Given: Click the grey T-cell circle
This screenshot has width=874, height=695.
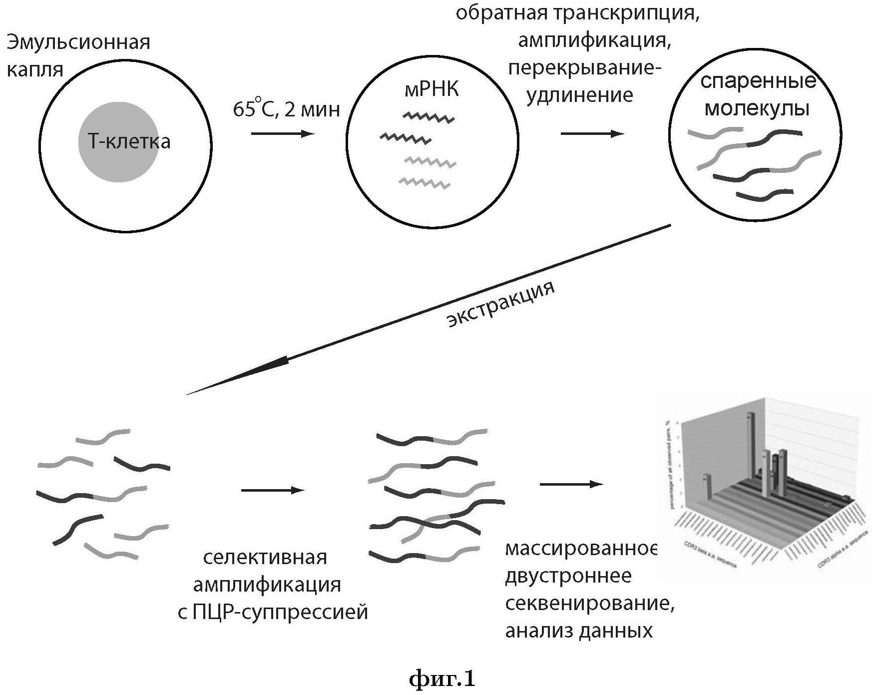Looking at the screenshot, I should [118, 142].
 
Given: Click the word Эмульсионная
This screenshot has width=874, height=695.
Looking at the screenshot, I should [78, 42].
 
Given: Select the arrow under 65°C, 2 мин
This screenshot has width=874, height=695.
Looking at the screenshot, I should [282, 133].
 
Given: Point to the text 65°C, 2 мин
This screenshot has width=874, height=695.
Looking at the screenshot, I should [286, 109].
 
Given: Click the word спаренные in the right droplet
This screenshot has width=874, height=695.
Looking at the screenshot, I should [758, 81].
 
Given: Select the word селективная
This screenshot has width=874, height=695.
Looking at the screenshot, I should [265, 557].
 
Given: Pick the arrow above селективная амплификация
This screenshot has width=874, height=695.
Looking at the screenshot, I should [272, 490].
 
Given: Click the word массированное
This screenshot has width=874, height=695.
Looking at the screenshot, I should [581, 549].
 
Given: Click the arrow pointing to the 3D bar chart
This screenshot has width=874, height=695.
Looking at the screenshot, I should [571, 484].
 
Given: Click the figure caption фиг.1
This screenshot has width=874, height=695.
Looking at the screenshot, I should [442, 679].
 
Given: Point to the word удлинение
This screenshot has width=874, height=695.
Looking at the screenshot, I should [579, 94].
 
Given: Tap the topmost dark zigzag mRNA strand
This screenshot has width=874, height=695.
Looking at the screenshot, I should [429, 118].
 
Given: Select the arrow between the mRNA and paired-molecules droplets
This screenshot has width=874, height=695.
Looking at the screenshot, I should [592, 133].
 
